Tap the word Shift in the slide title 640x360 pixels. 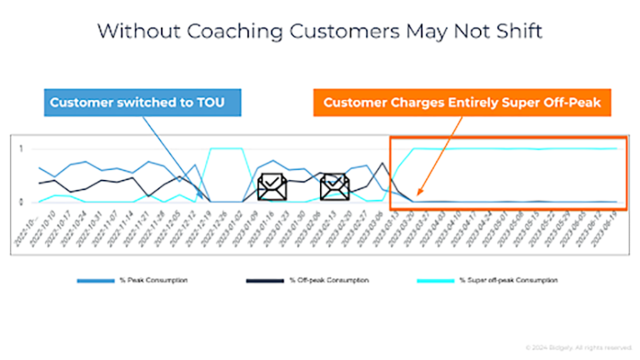coord(516,31)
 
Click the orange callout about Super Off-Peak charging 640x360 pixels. coord(462,102)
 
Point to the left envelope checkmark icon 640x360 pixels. coord(272,187)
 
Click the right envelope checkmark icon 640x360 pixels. coord(335,187)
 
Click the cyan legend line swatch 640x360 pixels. coord(437,280)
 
